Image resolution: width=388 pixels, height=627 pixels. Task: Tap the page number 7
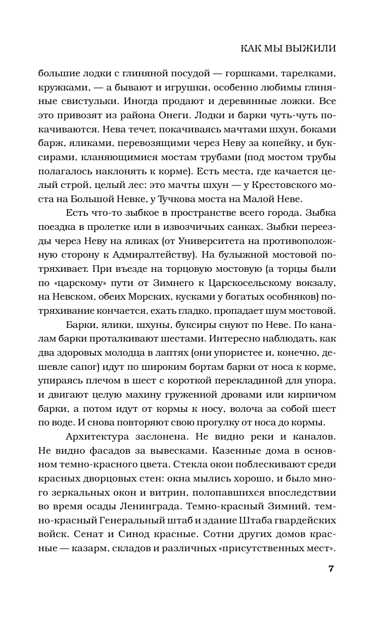tap(331, 569)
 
